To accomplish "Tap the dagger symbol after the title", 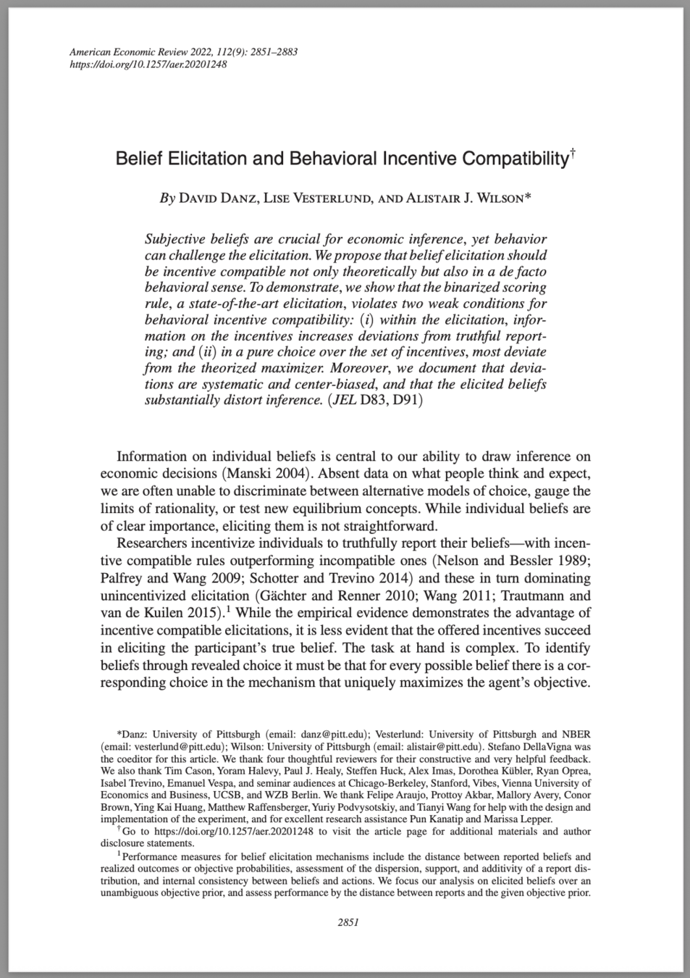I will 572,153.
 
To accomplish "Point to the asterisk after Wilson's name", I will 528,196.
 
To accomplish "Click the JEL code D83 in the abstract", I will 373,399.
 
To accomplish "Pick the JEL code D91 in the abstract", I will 406,399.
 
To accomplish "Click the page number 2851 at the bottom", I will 348,922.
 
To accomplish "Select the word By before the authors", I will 167,198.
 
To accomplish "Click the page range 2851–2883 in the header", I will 273,52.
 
